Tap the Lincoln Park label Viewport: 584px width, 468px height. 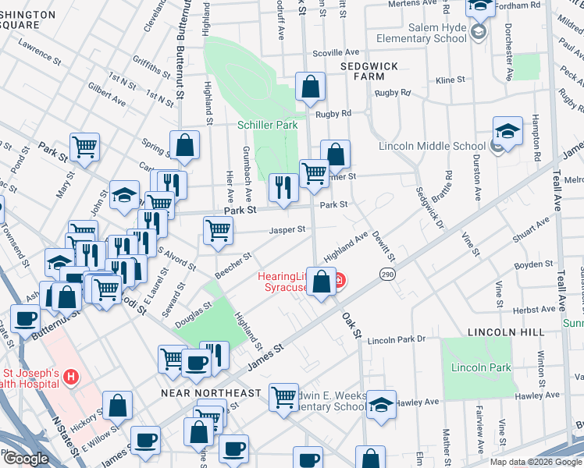[x=481, y=367]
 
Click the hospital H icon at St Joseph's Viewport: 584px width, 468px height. [x=71, y=378]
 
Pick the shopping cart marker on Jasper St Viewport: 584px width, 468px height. [x=218, y=229]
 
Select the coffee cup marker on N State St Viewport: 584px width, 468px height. [x=26, y=320]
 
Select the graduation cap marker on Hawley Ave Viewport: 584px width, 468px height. [x=381, y=404]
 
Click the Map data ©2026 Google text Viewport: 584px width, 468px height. [x=536, y=462]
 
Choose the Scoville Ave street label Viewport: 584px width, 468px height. [x=335, y=53]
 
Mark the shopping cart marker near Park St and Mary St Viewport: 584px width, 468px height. [x=84, y=146]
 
